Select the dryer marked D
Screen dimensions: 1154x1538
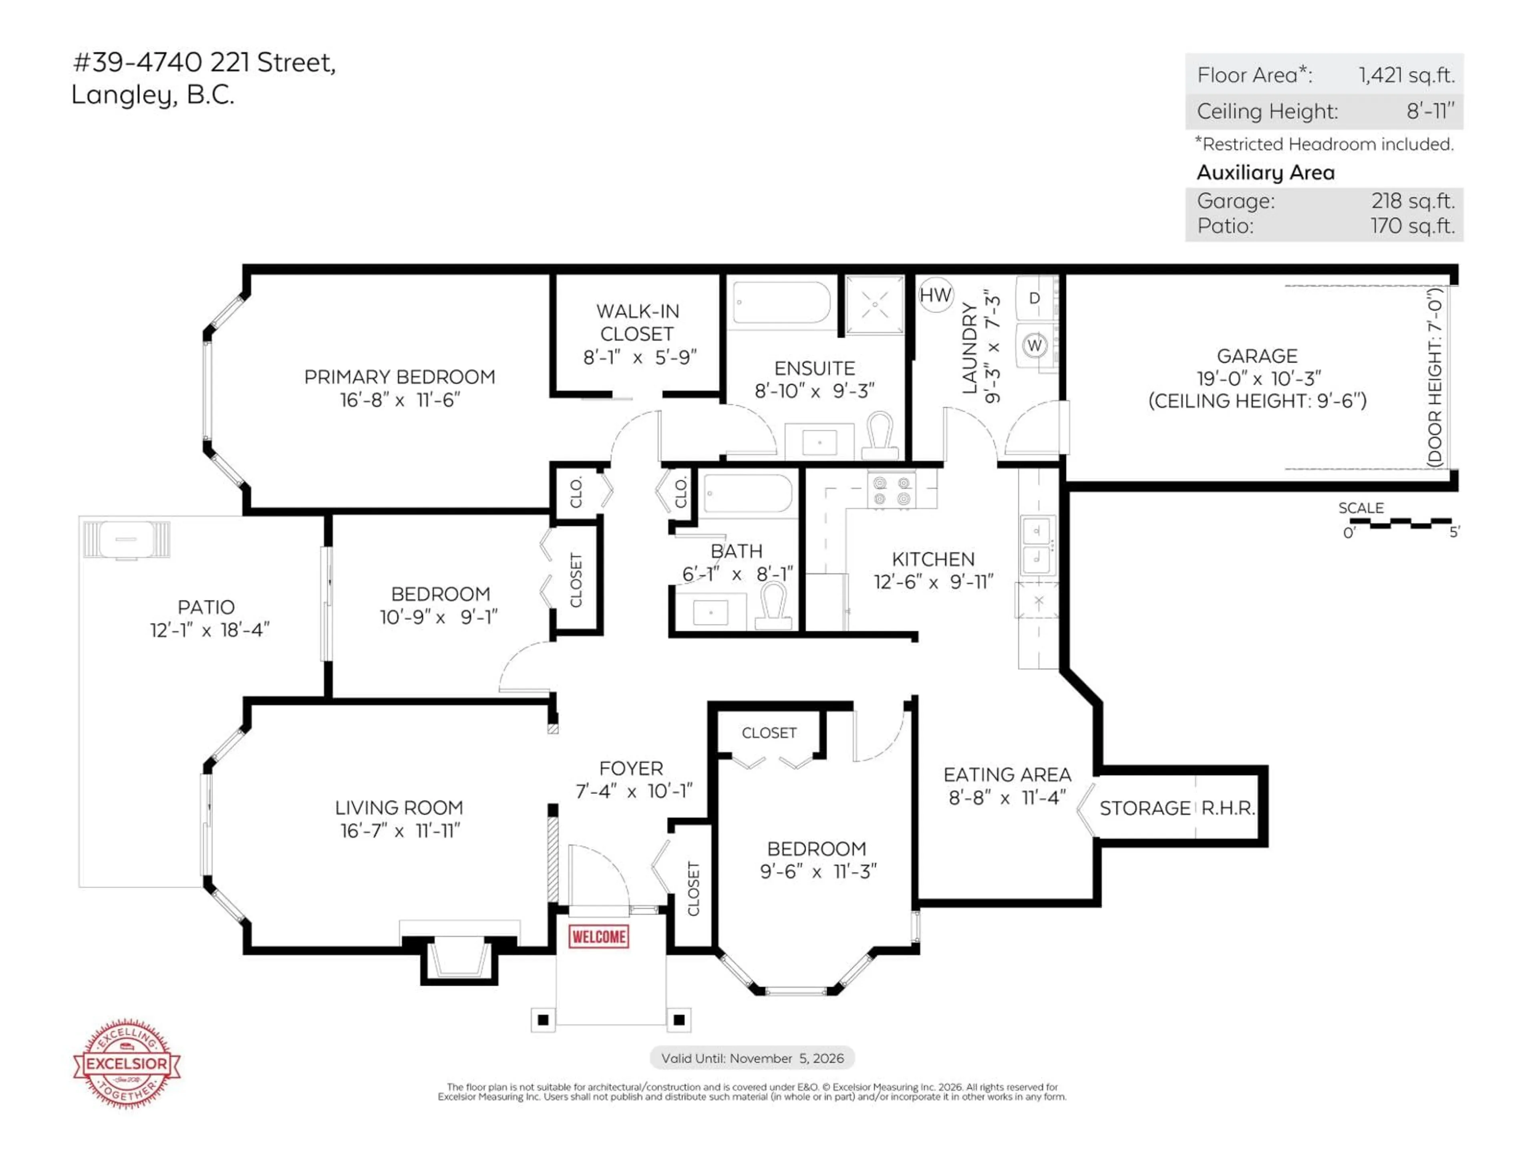(x=1035, y=298)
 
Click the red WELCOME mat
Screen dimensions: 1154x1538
(x=599, y=936)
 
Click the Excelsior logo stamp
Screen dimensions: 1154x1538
(x=127, y=1063)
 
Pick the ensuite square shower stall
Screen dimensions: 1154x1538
(x=875, y=305)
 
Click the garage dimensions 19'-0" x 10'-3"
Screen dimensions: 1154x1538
(x=1257, y=378)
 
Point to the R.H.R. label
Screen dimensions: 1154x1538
(x=1228, y=808)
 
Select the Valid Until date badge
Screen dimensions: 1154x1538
(x=752, y=1058)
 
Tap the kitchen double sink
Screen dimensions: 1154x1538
(x=1037, y=545)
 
